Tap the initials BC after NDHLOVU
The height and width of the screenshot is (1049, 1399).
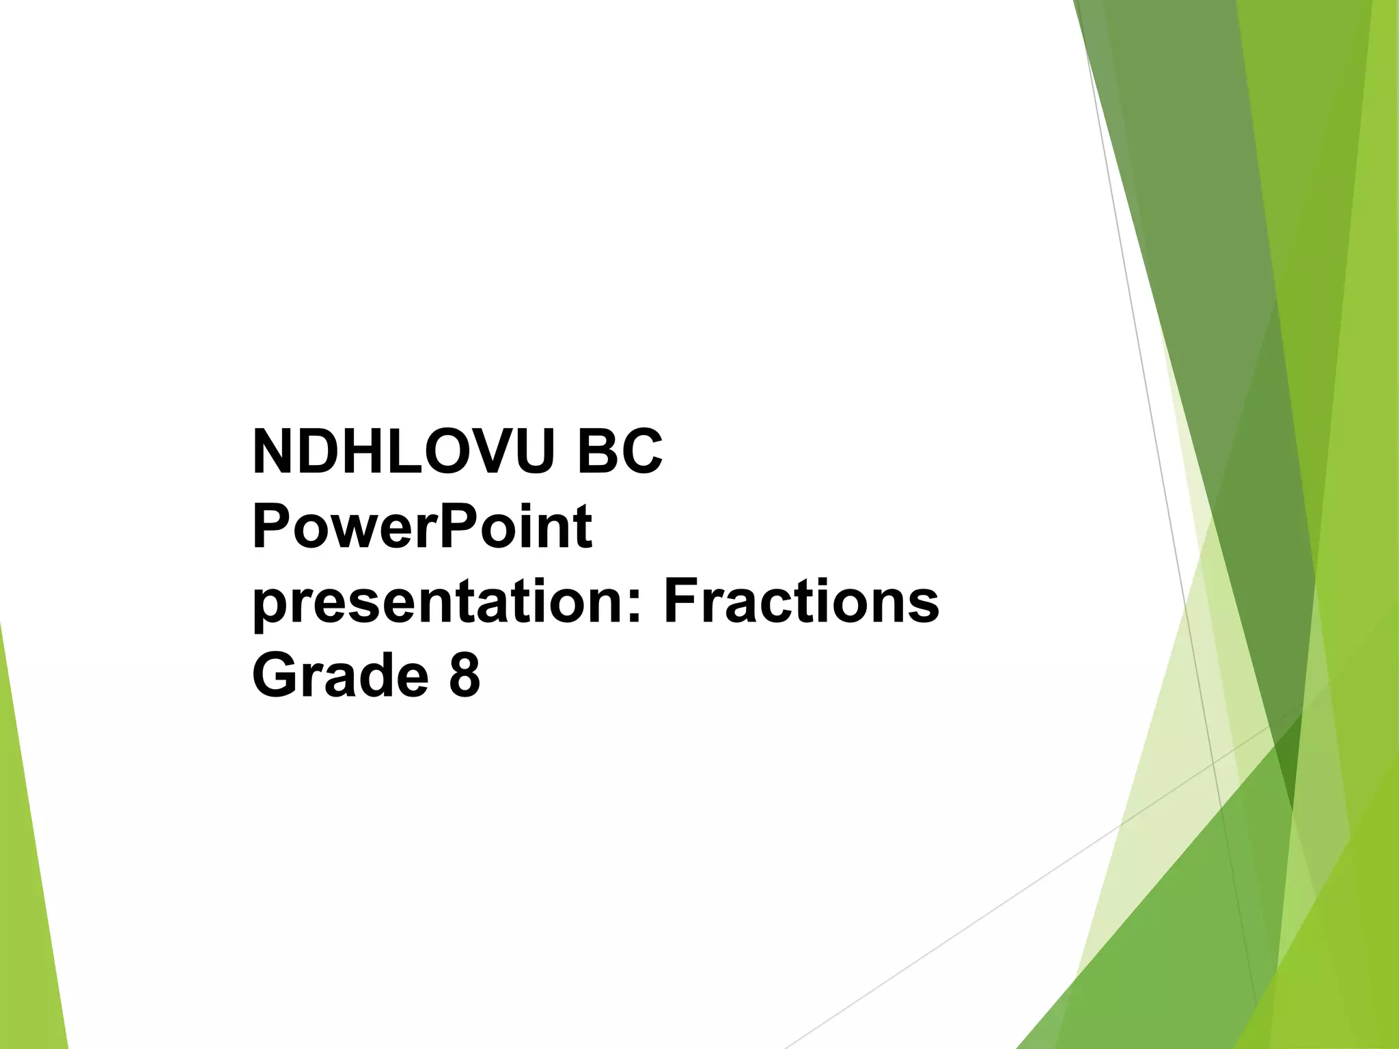(x=620, y=452)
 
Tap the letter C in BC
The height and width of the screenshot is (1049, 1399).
(x=641, y=452)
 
